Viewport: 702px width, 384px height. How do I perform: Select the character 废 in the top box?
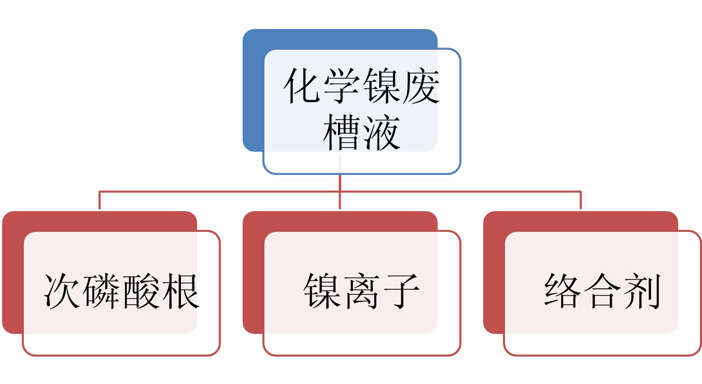pos(420,87)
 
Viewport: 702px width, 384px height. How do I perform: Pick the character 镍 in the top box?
pos(382,87)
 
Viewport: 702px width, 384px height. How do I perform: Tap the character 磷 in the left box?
pos(102,291)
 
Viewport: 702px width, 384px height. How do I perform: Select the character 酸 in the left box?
pos(141,291)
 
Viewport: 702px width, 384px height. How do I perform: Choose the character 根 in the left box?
pos(180,291)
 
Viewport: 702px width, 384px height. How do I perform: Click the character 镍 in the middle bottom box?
pos(323,291)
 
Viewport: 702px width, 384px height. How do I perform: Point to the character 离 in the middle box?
pos(362,291)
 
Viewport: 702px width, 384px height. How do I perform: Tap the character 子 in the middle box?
pos(401,291)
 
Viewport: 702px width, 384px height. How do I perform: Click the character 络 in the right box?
pos(564,291)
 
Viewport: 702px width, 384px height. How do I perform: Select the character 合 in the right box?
pos(602,291)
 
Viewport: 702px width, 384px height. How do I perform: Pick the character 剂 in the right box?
pos(641,291)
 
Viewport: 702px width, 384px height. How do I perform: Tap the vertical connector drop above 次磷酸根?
pos(99,201)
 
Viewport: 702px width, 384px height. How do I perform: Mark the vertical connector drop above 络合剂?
pos(580,201)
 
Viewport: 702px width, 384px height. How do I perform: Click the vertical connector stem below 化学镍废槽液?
pos(340,182)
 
